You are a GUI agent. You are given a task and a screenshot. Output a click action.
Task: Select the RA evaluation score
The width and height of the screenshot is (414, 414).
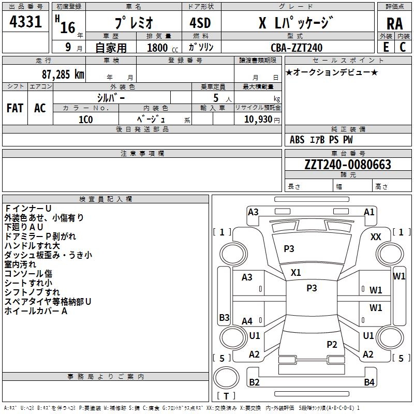point(394,24)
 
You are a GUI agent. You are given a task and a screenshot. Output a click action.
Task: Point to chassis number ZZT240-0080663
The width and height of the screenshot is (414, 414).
point(348,165)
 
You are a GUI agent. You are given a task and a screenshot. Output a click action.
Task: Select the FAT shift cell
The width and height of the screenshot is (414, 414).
point(14,108)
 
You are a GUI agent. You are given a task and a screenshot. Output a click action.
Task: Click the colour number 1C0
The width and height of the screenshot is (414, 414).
point(85,120)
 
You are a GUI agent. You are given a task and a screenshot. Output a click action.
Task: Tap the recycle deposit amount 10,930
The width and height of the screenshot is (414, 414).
point(257,120)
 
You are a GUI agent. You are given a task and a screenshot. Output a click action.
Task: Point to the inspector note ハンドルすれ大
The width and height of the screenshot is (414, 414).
point(32,245)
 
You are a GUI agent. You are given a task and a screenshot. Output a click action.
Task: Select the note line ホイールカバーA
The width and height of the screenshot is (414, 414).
point(36,311)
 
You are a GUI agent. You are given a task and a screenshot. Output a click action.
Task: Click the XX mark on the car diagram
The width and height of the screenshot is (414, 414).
point(376,236)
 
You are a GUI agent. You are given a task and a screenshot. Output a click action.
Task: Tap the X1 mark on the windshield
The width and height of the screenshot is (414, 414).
point(296,272)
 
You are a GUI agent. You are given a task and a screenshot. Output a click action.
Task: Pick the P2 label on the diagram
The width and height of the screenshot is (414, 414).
point(332,344)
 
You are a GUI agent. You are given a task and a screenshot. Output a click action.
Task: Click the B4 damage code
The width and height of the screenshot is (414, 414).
point(369,382)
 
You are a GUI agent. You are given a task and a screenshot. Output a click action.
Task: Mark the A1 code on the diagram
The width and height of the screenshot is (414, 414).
point(369,212)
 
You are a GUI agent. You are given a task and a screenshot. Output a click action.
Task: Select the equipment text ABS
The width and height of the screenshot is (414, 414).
point(297,140)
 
